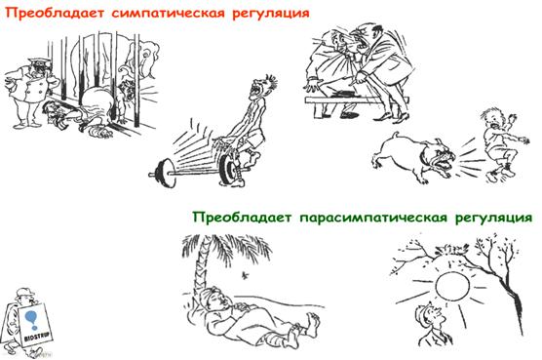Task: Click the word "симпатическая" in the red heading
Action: pyautogui.click(x=169, y=13)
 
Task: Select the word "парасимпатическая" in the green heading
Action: pyautogui.click(x=372, y=218)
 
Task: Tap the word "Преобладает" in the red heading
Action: pyautogui.click(x=55, y=13)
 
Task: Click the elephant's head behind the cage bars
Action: pyautogui.click(x=148, y=59)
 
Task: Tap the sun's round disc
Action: pyautogui.click(x=452, y=286)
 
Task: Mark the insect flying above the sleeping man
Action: pyautogui.click(x=246, y=275)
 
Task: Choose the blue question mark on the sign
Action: pyautogui.click(x=32, y=319)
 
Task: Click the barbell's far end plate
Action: pyautogui.click(x=164, y=173)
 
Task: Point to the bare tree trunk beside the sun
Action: pyautogui.click(x=515, y=298)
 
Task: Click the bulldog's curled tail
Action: pyautogui.click(x=394, y=136)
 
